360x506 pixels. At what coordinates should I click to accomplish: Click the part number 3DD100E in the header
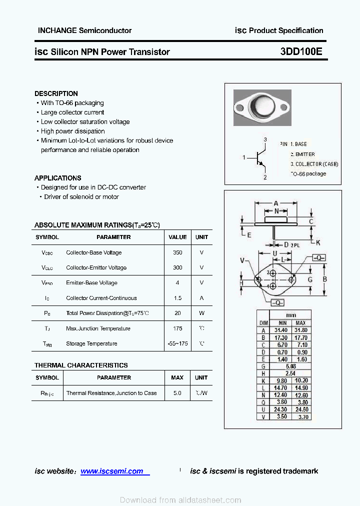click(x=301, y=51)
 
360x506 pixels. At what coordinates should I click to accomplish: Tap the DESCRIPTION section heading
click(x=56, y=93)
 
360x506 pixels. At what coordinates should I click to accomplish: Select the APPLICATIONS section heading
click(x=57, y=178)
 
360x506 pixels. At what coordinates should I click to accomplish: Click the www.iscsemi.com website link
click(x=111, y=471)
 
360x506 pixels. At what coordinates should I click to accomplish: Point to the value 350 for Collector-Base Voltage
click(x=177, y=252)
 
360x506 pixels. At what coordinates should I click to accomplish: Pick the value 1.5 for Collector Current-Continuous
click(x=177, y=298)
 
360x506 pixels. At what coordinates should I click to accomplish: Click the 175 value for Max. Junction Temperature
click(x=177, y=328)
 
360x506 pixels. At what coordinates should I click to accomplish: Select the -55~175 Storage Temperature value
click(x=177, y=343)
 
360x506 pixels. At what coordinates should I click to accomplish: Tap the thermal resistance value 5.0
click(x=177, y=393)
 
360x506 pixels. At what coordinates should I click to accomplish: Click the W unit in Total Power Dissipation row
click(x=201, y=313)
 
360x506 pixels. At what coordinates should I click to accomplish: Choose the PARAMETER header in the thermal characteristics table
click(x=114, y=377)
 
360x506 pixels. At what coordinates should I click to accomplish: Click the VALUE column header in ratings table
click(x=177, y=237)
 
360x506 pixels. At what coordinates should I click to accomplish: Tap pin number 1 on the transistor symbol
click(x=244, y=158)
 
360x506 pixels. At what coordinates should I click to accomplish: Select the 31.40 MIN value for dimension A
click(x=281, y=330)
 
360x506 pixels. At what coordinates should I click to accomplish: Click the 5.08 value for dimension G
click(x=291, y=366)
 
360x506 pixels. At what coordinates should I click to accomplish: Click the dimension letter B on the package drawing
click(x=324, y=279)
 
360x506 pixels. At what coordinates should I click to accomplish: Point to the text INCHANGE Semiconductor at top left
click(x=84, y=30)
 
